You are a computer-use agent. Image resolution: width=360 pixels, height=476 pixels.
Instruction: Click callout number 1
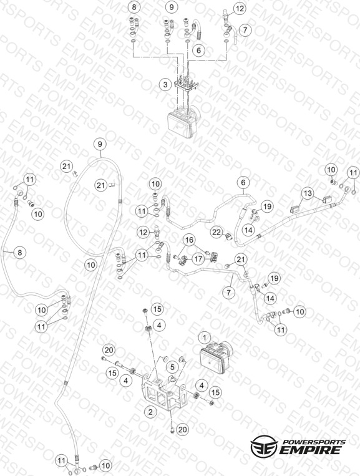pos(205,338)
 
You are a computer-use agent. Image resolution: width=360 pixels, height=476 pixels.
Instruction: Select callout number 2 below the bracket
pos(150,412)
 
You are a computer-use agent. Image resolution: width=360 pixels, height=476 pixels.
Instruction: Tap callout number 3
pos(165,84)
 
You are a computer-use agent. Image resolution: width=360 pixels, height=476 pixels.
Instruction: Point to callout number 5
pos(172,367)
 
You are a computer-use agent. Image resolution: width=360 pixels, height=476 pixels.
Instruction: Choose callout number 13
pos(308,193)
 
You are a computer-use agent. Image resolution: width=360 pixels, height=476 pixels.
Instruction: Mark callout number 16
pos(189,240)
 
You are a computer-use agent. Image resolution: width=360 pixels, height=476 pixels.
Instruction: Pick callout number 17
pos(198,259)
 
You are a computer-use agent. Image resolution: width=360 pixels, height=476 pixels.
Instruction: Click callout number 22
pos(216,233)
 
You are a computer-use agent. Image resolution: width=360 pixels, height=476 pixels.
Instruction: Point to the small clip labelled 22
pos(228,236)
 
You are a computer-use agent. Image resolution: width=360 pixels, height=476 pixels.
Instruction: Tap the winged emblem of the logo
pos(264,445)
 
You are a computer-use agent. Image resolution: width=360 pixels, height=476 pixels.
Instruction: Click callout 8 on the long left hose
pos(20,252)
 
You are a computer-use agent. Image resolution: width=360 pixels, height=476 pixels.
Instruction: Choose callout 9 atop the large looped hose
pos(100,144)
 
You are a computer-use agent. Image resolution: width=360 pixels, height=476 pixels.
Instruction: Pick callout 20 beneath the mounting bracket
pos(183,429)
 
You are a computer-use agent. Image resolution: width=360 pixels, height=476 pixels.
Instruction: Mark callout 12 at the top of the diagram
pos(240,9)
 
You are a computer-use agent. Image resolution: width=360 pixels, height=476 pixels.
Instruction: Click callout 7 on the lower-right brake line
pos(228,293)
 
